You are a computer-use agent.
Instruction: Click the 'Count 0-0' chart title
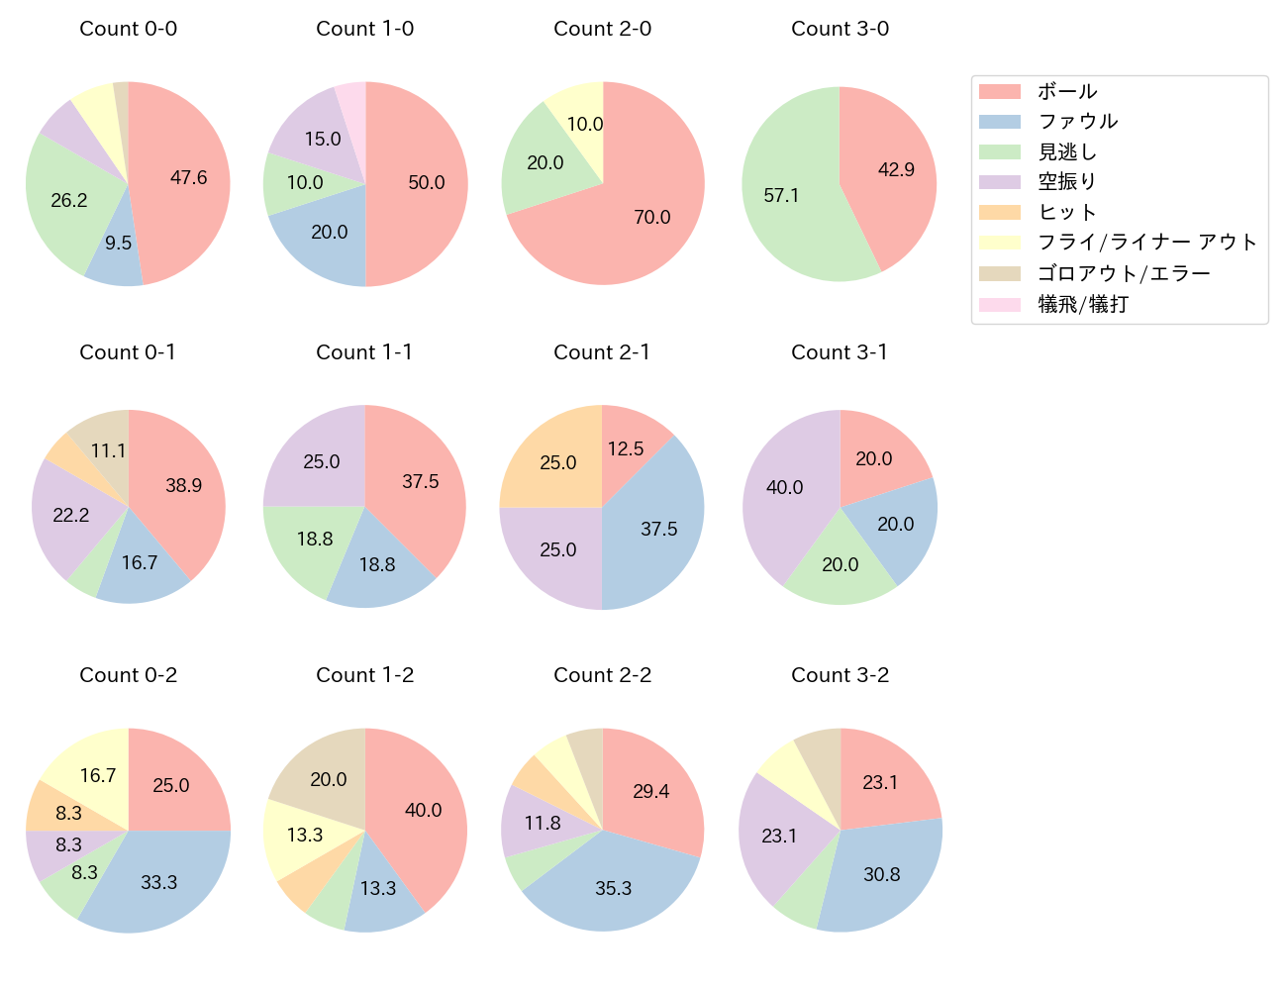coord(128,29)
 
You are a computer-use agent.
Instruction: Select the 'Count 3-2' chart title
coord(840,675)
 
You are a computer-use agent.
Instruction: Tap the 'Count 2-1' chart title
coord(602,352)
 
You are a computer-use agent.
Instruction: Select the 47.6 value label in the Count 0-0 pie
coord(188,178)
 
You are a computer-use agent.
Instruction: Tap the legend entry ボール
coord(1067,92)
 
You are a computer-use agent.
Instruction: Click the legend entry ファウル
coord(1077,122)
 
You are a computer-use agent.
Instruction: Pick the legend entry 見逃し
coord(1067,152)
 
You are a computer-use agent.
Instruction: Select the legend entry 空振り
coord(1067,182)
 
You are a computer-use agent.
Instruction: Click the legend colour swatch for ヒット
coord(999,213)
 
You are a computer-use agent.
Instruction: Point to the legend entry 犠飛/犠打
coord(1083,304)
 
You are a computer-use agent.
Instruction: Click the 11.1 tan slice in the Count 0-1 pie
coord(103,445)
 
